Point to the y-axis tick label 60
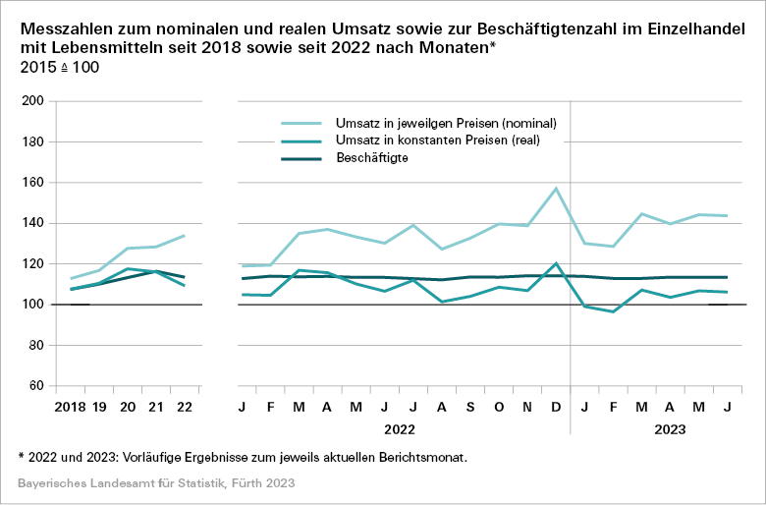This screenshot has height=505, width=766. [35, 386]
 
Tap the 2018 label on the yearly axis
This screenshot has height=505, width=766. [71, 407]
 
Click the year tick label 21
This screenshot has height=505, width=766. [155, 407]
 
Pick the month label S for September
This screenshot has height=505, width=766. [470, 407]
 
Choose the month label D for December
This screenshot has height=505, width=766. [556, 407]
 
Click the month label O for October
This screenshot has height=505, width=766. [500, 407]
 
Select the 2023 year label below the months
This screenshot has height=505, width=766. [669, 429]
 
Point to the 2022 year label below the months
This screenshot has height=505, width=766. [399, 429]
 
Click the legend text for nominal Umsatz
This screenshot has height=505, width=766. [446, 124]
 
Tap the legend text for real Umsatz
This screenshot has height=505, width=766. [437, 140]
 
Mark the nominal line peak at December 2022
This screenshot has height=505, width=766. [556, 189]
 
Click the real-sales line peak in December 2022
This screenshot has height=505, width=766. [556, 263]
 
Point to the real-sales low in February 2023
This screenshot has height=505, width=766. [614, 311]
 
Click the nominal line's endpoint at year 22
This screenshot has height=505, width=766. [184, 236]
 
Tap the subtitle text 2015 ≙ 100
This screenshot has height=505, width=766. [59, 67]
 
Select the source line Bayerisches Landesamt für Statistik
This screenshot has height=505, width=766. [156, 484]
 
